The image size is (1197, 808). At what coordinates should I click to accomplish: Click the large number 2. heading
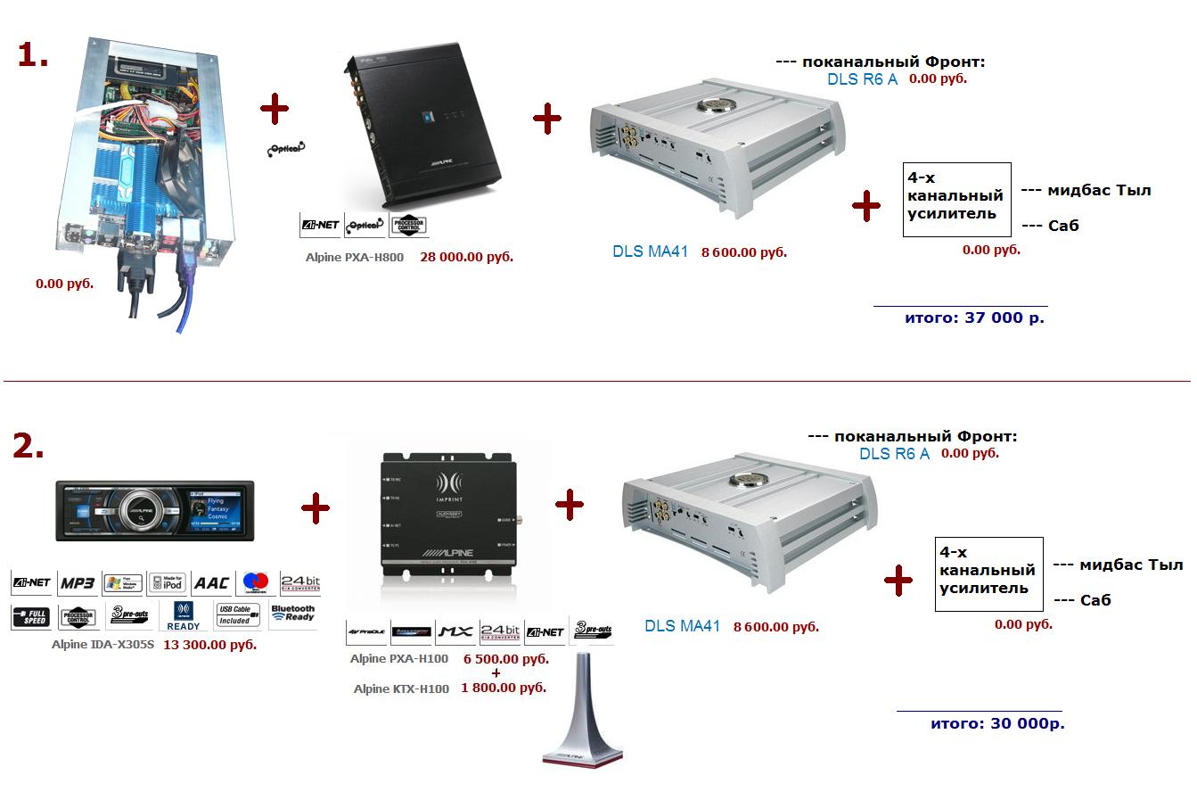pos(28,446)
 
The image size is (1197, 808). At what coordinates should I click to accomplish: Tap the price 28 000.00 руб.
pos(466,257)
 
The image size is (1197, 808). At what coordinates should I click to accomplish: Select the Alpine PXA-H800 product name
pos(354,258)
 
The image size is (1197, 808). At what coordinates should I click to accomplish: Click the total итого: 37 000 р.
pos(974,317)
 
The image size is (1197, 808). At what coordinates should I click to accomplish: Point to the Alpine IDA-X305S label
pos(102,645)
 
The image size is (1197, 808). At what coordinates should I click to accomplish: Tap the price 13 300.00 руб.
pos(209,644)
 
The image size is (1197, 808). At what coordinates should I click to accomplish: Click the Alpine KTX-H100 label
pos(401,688)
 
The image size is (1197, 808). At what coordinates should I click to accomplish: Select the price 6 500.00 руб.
pos(505,660)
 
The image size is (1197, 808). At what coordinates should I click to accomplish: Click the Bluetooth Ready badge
pos(293,614)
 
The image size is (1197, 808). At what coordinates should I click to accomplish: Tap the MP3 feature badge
pos(78,583)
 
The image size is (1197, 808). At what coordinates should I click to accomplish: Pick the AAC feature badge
pos(211,583)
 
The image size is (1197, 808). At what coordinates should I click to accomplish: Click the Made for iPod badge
pos(166,583)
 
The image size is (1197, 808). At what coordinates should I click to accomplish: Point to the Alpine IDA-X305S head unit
pos(154,511)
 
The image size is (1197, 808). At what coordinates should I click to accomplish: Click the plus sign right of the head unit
pos(315,508)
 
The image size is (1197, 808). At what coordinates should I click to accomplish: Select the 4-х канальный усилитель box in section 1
pos(956,200)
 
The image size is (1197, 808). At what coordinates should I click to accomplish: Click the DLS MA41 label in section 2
pos(682,626)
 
